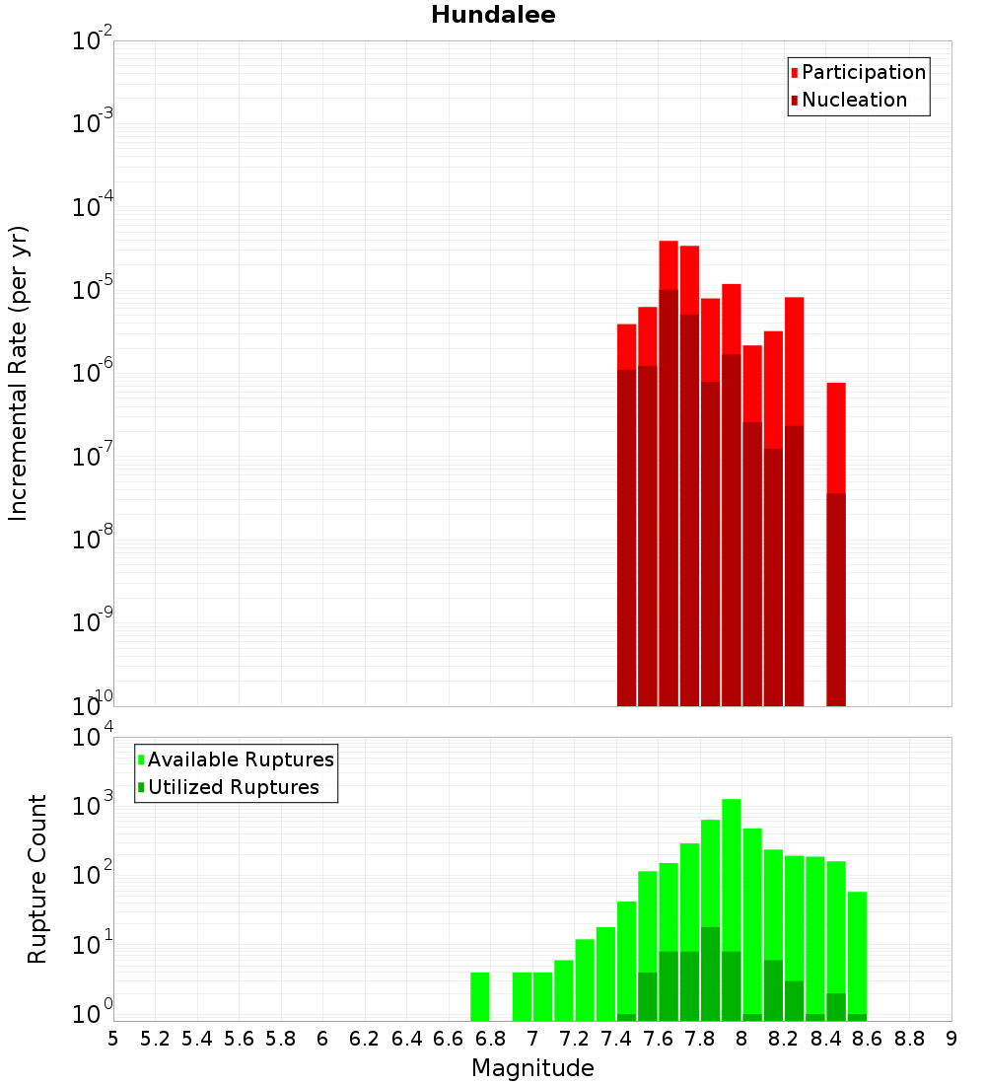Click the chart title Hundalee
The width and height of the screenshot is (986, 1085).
pyautogui.click(x=493, y=15)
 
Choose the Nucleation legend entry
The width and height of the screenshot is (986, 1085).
pyautogui.click(x=854, y=100)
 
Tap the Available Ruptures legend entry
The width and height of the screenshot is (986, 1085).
pyautogui.click(x=241, y=759)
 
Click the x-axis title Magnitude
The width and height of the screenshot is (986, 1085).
pyautogui.click(x=532, y=1068)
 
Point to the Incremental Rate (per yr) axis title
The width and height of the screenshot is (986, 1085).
pyautogui.click(x=19, y=373)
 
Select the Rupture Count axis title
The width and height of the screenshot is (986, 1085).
pyautogui.click(x=37, y=879)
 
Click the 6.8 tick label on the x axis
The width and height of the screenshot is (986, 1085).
pyautogui.click(x=490, y=1039)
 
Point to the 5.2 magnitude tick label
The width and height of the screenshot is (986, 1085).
pyautogui.click(x=155, y=1039)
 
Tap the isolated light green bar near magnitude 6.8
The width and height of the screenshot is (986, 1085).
pyautogui.click(x=480, y=996)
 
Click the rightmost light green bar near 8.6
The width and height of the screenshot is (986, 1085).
pyautogui.click(x=857, y=952)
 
